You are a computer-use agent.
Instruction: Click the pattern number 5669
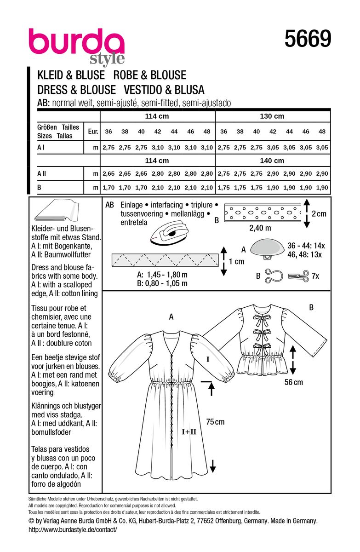[308, 39]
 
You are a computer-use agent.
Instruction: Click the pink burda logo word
[76, 42]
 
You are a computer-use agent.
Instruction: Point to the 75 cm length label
[215, 421]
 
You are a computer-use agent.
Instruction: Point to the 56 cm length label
[293, 382]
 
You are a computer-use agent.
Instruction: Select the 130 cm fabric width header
[272, 116]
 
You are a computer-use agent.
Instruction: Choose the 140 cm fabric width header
[272, 161]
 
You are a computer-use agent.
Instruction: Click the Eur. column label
[93, 132]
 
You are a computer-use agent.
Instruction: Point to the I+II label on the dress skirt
[189, 431]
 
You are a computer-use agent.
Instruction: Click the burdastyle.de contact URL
[73, 529]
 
